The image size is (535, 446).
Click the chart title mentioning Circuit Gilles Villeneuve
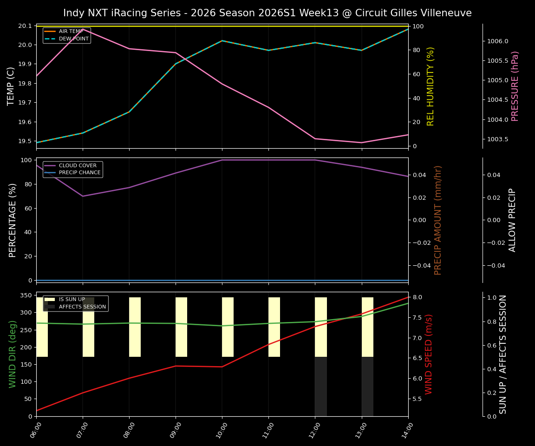(267, 13)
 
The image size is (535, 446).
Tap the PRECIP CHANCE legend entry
(79, 173)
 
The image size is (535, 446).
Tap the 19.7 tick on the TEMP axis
(26, 103)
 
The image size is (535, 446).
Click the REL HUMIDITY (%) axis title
(431, 86)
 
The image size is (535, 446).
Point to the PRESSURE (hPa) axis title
(515, 86)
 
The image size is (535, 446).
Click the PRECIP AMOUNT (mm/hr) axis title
(438, 220)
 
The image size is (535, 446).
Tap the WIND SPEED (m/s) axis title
(429, 354)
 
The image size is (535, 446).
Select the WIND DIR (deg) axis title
(13, 354)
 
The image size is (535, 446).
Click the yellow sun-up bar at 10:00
(228, 327)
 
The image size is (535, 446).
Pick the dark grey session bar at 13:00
(367, 387)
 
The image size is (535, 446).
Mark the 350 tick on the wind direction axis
(26, 295)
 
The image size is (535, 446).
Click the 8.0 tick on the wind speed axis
(417, 297)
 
